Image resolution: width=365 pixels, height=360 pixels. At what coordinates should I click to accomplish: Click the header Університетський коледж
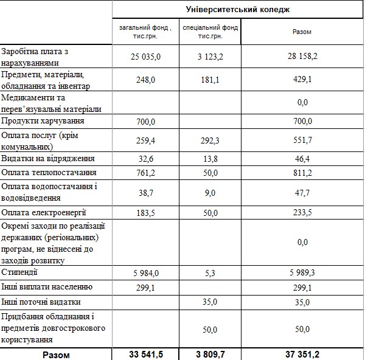coord(238,10)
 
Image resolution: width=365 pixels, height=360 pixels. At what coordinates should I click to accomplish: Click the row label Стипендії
coord(21,272)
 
